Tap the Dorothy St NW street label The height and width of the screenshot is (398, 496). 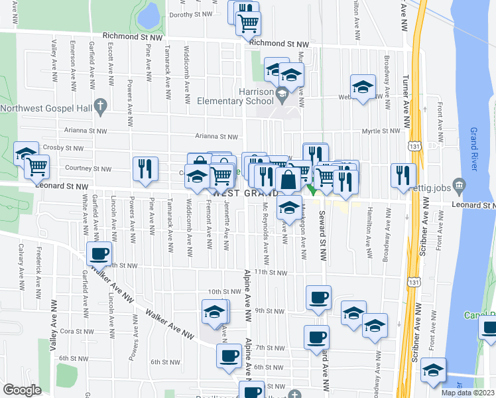pyautogui.click(x=190, y=14)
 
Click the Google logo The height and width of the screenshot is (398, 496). pyautogui.click(x=22, y=389)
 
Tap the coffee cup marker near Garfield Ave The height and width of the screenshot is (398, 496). pyautogui.click(x=100, y=253)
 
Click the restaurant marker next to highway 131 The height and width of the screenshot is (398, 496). pyautogui.click(x=403, y=175)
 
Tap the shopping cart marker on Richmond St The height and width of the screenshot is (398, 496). pyautogui.click(x=249, y=24)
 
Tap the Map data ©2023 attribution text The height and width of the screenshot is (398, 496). pyautogui.click(x=467, y=393)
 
